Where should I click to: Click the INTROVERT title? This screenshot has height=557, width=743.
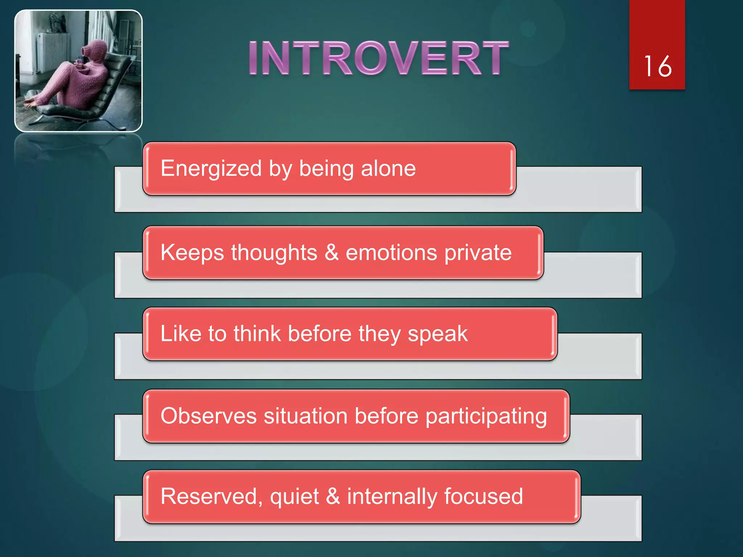pyautogui.click(x=378, y=58)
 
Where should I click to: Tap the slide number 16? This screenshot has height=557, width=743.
pyautogui.click(x=657, y=67)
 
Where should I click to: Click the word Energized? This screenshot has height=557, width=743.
pyautogui.click(x=211, y=169)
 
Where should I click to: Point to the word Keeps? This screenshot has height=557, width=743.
pyautogui.click(x=192, y=253)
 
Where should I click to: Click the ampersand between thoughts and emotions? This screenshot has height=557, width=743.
pyautogui.click(x=332, y=252)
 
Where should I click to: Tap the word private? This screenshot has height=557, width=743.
pyautogui.click(x=478, y=253)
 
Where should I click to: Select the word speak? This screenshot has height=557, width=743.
pyautogui.click(x=438, y=334)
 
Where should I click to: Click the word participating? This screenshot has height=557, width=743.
pyautogui.click(x=486, y=416)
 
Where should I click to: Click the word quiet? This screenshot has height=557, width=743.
pyautogui.click(x=294, y=496)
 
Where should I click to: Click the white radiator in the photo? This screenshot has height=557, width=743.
pyautogui.click(x=53, y=53)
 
